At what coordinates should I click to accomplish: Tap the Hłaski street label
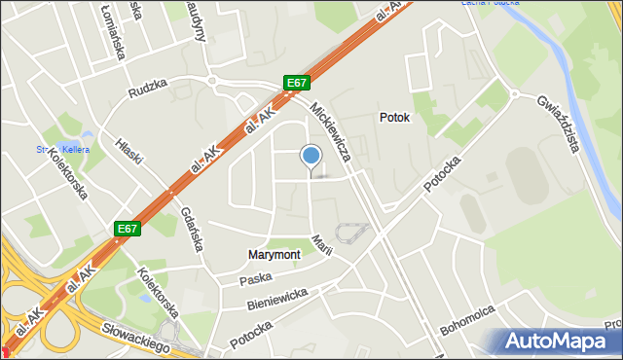[131, 154]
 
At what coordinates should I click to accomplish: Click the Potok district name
[394, 118]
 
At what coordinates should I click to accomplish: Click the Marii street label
[322, 244]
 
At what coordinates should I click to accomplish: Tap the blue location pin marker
[311, 156]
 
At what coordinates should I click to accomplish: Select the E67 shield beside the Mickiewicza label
[297, 84]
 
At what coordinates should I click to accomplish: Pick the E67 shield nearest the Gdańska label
[127, 229]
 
